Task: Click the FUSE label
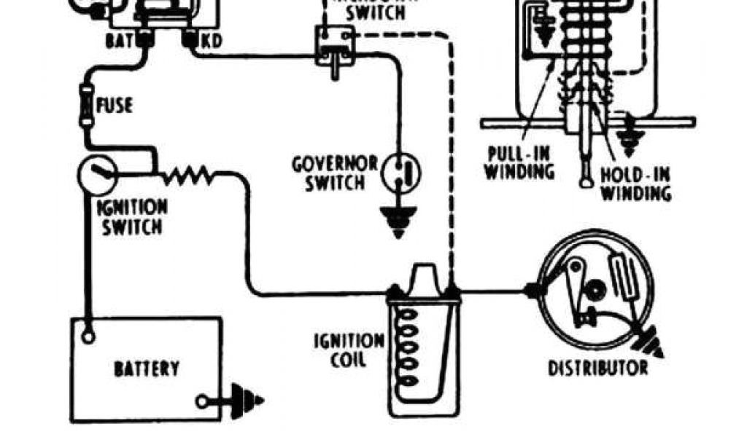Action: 114,106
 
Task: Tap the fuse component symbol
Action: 86,105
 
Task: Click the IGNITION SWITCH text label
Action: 132,216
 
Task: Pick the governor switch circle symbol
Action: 403,172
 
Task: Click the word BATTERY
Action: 146,369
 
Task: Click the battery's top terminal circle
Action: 88,336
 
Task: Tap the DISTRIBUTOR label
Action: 598,366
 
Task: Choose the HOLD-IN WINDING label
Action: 635,184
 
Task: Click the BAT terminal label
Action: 117,42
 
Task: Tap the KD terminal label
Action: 211,42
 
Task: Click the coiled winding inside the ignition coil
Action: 409,342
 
